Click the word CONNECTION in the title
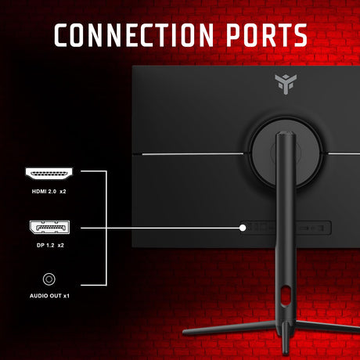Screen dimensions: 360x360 tap(134, 35)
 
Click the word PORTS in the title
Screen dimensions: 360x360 tap(267, 35)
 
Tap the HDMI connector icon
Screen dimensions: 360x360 tap(49, 174)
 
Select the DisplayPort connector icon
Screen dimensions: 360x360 tap(49, 227)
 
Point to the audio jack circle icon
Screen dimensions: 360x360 tap(49, 279)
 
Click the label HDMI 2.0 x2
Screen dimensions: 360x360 tap(49, 192)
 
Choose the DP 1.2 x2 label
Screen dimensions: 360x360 tap(50, 245)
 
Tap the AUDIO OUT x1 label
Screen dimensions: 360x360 tap(49, 296)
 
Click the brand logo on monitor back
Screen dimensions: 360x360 tap(286, 84)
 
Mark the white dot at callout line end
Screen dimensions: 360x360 tap(243, 228)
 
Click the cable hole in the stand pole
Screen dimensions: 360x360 tap(286, 295)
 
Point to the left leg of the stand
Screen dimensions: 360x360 tap(229, 328)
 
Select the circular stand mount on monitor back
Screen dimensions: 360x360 tap(286, 153)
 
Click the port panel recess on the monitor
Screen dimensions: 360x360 tap(286, 228)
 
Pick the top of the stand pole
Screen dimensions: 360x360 tap(286, 135)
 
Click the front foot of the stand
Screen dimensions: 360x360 tap(286, 338)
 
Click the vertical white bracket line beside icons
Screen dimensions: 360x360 tap(106, 228)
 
